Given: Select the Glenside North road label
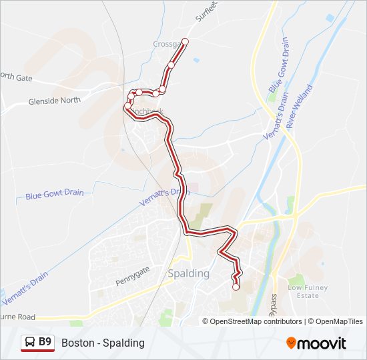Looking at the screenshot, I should [x=54, y=100].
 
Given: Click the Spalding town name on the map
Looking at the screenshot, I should [x=189, y=273].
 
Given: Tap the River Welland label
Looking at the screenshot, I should [x=299, y=106].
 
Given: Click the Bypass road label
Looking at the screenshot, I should [x=274, y=305].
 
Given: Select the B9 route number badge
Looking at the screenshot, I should [x=45, y=342].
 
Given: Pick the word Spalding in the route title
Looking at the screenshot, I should [x=124, y=343].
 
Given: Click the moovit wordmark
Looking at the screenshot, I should [x=322, y=343].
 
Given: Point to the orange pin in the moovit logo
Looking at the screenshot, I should [x=291, y=343].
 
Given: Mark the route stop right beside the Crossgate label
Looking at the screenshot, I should [x=185, y=42].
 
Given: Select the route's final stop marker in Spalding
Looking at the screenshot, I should [x=236, y=287].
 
